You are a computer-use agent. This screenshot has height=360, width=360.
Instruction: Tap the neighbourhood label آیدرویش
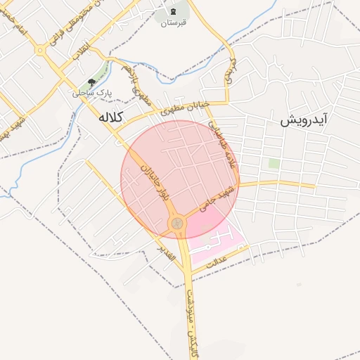coord(304,120)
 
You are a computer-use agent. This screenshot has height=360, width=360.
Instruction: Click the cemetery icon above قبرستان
coord(173,11)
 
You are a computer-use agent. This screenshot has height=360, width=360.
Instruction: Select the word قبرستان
coord(173,23)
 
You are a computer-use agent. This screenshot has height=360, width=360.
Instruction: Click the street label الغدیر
coord(167,252)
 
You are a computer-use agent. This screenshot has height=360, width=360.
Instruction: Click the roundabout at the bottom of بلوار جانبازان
coord(176,224)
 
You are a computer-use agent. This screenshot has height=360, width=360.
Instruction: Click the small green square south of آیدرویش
coord(274,163)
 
